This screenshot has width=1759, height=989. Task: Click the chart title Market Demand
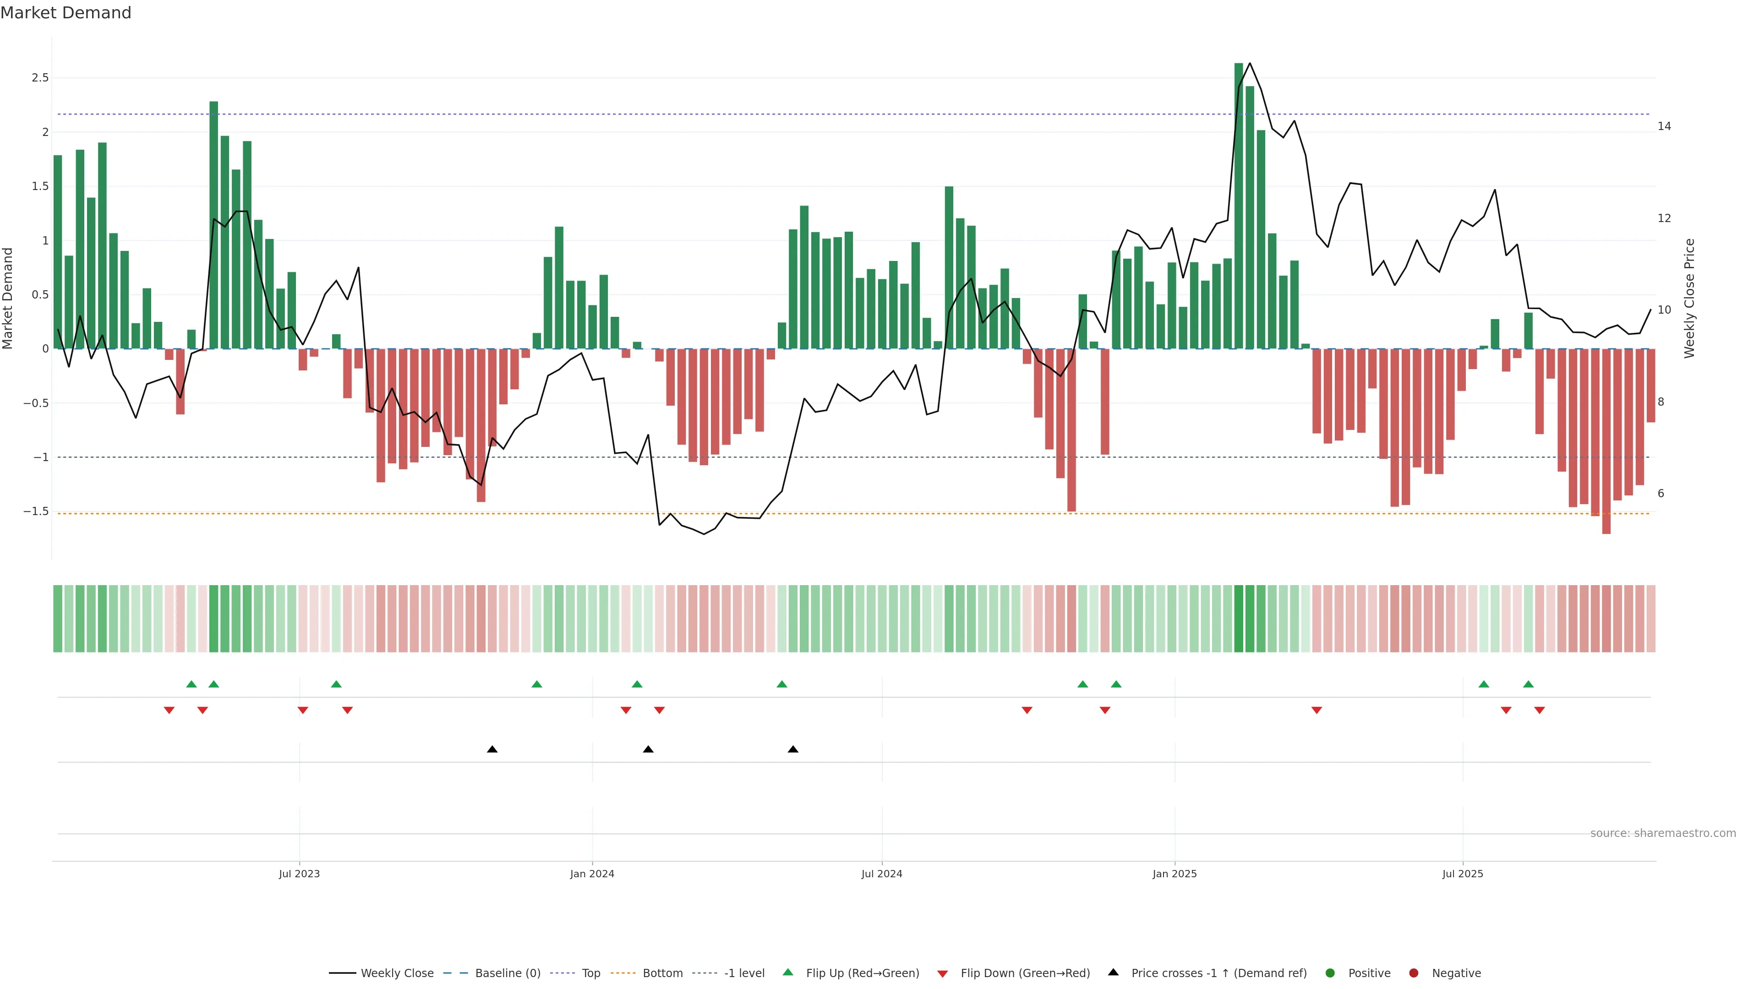[x=66, y=13]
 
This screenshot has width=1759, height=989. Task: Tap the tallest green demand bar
[x=1239, y=205]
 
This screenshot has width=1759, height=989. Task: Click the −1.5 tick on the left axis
[x=36, y=511]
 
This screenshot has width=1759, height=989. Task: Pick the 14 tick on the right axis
[x=1664, y=126]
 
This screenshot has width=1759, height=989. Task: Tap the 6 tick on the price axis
[x=1661, y=494]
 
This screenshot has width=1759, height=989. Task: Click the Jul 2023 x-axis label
[x=299, y=874]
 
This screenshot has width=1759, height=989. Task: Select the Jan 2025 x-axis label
[x=1174, y=874]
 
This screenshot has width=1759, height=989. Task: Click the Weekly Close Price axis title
[x=1689, y=298]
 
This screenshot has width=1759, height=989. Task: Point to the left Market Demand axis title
[x=8, y=298]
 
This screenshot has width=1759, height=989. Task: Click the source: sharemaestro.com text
[x=1663, y=833]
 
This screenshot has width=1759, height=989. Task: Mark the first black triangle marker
[x=492, y=750]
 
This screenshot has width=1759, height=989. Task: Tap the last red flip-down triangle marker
[x=1539, y=711]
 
